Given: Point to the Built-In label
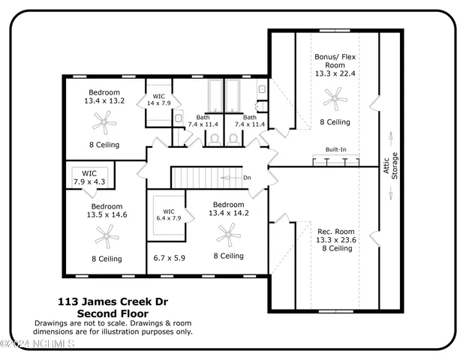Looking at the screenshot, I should (335, 150).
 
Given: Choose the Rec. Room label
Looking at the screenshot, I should (335, 231).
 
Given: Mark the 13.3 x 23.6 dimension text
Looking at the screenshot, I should (335, 240).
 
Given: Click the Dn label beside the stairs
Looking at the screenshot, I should (248, 178).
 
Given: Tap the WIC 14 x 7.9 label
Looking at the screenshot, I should (159, 100).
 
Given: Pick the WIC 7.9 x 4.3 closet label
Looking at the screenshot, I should (89, 178).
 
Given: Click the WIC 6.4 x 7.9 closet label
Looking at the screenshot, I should (170, 214).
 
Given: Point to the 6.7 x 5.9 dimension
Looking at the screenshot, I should (169, 257).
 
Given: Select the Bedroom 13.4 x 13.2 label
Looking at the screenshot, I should (104, 97).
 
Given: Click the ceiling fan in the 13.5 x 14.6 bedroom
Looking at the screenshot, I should (107, 238).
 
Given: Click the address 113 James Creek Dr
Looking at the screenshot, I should (113, 302).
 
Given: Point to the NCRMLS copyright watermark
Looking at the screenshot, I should (38, 344).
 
